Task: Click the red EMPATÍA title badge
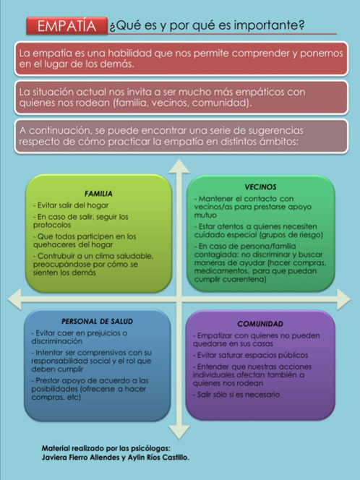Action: (67, 26)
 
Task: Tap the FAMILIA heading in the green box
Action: (98, 194)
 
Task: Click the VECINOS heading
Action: (260, 187)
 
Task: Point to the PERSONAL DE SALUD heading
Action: (98, 322)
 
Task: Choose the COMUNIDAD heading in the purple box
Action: (260, 324)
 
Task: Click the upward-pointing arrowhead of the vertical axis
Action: (179, 167)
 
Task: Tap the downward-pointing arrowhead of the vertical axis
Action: (179, 432)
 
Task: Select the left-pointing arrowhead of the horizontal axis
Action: (14, 299)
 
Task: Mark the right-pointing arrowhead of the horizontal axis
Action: (343, 299)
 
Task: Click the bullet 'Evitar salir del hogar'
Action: (71, 205)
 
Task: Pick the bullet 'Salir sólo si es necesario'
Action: (236, 394)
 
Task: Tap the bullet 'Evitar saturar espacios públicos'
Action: (250, 355)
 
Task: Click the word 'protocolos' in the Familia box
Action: (52, 225)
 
